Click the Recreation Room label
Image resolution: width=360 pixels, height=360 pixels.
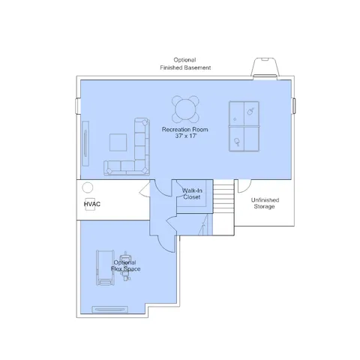(184, 130)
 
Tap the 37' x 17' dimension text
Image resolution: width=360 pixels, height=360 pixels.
(186, 136)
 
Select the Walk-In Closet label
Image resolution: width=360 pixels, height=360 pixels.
(192, 193)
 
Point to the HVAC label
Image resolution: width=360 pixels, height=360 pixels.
(92, 204)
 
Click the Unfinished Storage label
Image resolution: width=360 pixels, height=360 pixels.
(265, 203)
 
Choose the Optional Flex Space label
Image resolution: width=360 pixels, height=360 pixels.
(125, 265)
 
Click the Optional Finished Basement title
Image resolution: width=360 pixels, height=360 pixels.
(185, 64)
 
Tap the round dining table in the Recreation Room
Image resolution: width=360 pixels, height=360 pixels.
(185, 109)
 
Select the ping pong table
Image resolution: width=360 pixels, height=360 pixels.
(244, 126)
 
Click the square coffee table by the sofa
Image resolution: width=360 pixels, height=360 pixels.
(118, 142)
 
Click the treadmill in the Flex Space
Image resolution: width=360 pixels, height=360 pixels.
(105, 268)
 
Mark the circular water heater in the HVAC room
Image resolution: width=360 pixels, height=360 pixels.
(88, 187)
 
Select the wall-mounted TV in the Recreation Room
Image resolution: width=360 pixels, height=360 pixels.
(85, 143)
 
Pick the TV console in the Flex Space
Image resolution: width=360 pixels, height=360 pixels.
(110, 310)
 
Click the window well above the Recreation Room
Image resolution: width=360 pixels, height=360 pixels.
(265, 69)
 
